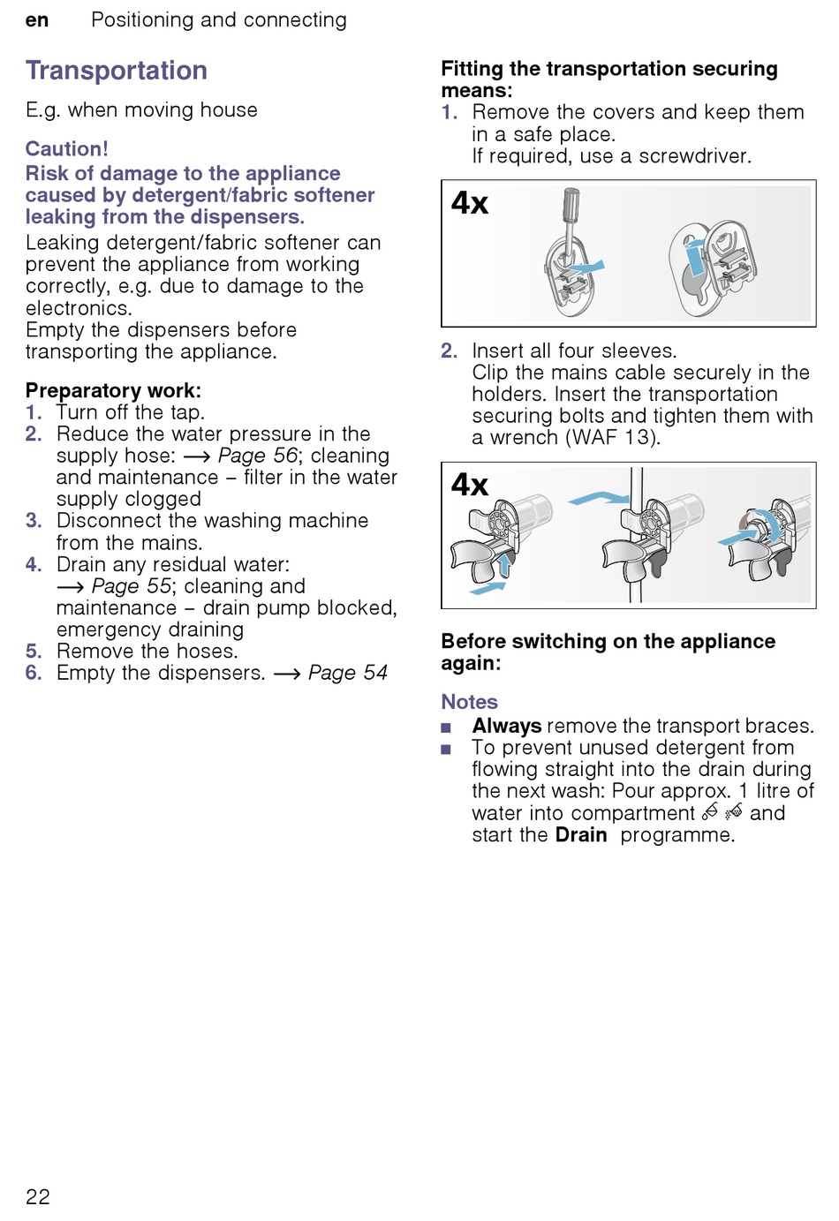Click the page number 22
[x=38, y=1196]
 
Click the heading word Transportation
[x=117, y=71]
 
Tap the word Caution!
[x=67, y=148]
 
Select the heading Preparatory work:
[x=113, y=390]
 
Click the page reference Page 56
[x=257, y=456]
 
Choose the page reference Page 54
[x=347, y=673]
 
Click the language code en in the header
[x=37, y=20]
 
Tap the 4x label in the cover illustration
[x=469, y=204]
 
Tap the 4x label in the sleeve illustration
[x=469, y=485]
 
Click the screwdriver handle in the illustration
[x=571, y=204]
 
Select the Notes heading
[x=469, y=702]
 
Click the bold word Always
[x=506, y=726]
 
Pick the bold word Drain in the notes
[x=581, y=835]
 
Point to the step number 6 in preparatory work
[x=34, y=673]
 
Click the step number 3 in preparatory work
[x=34, y=521]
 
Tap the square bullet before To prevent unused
[x=446, y=750]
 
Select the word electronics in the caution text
[x=78, y=308]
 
